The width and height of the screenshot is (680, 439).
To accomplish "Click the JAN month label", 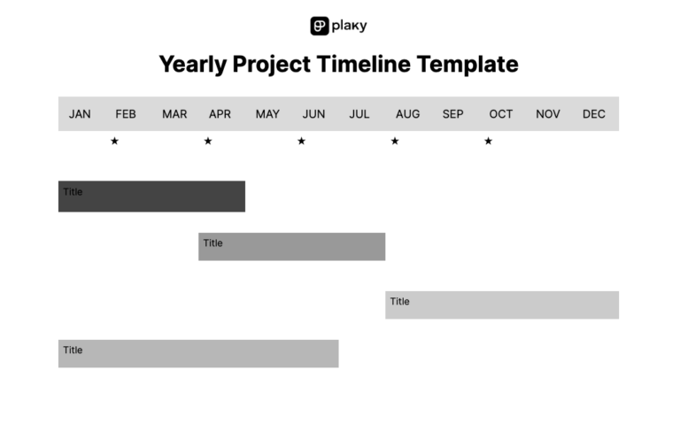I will pyautogui.click(x=80, y=114).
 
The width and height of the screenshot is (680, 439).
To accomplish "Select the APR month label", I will pyautogui.click(x=220, y=114).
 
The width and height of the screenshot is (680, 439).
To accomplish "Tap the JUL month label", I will pyautogui.click(x=359, y=114).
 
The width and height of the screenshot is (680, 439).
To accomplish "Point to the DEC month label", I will pyautogui.click(x=594, y=114).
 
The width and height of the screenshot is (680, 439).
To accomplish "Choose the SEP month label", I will pyautogui.click(x=452, y=114).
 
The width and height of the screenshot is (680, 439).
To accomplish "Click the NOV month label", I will pyautogui.click(x=548, y=114).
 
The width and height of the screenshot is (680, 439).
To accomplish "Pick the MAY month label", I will pyautogui.click(x=267, y=114).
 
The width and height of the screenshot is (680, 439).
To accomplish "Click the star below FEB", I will pyautogui.click(x=114, y=141).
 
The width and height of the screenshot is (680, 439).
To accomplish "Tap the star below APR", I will pyautogui.click(x=208, y=141).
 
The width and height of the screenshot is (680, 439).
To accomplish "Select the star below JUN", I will pyautogui.click(x=301, y=141).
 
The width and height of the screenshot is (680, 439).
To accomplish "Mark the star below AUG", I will pyautogui.click(x=395, y=141).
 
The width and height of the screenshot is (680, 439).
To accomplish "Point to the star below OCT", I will pyautogui.click(x=488, y=141).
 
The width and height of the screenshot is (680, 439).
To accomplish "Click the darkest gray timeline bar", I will pyautogui.click(x=151, y=196).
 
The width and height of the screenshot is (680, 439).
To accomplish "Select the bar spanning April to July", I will pyautogui.click(x=291, y=247).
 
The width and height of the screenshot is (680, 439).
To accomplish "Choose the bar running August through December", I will pyautogui.click(x=501, y=304).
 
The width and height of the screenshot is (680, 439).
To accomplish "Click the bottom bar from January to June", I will pyautogui.click(x=198, y=353).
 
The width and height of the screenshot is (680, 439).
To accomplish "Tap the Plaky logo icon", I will pyautogui.click(x=320, y=27).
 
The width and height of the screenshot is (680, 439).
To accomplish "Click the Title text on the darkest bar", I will pyautogui.click(x=73, y=192).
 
